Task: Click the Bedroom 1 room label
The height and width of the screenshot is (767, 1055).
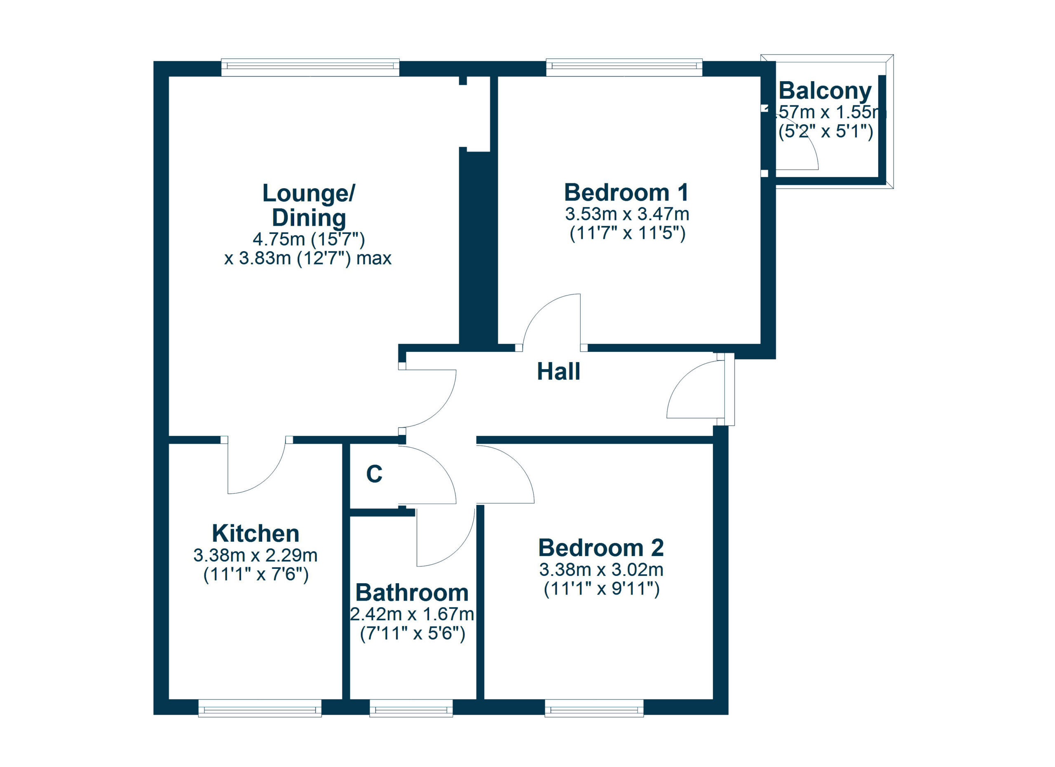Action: tap(626, 192)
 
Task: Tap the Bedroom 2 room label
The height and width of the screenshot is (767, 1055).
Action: tap(600, 547)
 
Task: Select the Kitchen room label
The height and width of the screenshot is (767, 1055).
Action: tap(256, 533)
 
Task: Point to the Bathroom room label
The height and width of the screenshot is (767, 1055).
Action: tap(412, 593)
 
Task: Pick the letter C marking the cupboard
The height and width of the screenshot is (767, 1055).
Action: tap(374, 474)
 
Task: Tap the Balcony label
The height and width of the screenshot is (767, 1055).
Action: tap(825, 91)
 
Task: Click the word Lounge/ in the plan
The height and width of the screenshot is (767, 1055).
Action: tap(308, 193)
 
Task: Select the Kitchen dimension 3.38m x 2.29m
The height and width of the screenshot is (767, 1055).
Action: tap(256, 555)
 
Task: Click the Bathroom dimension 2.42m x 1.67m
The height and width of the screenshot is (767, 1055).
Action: tap(412, 614)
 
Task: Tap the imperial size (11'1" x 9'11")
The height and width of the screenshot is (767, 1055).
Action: tap(601, 589)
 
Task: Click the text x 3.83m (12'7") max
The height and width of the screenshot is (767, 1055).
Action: tap(307, 258)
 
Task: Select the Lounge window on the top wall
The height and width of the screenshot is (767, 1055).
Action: tap(310, 68)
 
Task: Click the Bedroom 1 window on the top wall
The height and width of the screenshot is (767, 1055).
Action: tap(624, 68)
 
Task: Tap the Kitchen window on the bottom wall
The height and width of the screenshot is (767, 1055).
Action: tap(260, 708)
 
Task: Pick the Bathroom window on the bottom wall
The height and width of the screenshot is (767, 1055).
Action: tap(411, 708)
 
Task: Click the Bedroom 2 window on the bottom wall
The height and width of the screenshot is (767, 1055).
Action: tap(594, 708)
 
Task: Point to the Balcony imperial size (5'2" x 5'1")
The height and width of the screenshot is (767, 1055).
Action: tap(826, 132)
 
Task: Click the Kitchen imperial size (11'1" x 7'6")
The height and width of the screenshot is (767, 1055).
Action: tap(256, 575)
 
